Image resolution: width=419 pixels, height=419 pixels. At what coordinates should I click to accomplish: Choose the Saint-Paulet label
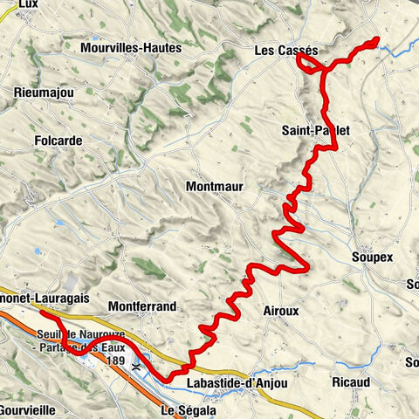[x=316, y=131]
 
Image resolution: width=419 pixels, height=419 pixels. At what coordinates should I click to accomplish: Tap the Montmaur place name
[x=215, y=187]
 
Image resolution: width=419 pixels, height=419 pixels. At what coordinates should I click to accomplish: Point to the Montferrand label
[x=143, y=306]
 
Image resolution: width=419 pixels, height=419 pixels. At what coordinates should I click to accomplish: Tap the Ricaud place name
[x=351, y=382]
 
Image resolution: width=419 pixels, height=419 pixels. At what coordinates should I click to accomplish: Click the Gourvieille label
[x=29, y=409]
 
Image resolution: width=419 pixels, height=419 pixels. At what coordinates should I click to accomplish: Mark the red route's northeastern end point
[x=376, y=39]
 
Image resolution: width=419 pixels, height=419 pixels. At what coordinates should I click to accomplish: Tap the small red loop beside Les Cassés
[x=308, y=64]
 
